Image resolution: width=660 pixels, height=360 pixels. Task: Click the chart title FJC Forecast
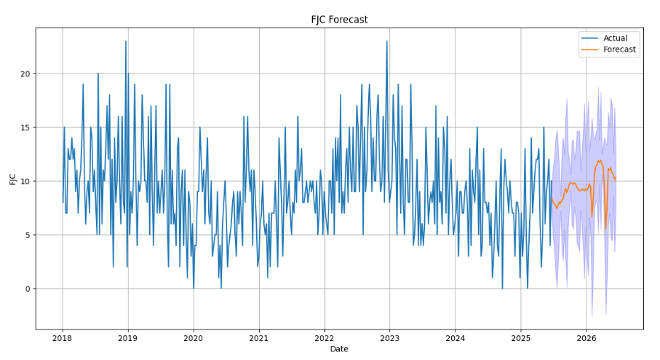click(339, 20)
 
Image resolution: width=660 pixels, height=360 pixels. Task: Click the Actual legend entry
click(615, 38)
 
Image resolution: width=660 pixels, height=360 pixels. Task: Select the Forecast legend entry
click(619, 49)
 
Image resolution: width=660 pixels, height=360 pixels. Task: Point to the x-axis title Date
click(339, 349)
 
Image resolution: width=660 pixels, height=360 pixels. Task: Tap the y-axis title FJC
click(13, 178)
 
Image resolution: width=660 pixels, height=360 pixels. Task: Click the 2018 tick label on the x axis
click(63, 338)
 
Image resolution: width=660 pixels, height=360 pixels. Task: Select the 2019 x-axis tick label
click(128, 338)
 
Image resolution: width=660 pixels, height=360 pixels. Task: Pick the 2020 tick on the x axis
click(194, 338)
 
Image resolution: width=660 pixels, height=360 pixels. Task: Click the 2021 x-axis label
click(259, 338)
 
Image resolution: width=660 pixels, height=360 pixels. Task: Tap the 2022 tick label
click(325, 338)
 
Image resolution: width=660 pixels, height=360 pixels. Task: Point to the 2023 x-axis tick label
click(390, 338)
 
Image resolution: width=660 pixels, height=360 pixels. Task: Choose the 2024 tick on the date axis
click(456, 338)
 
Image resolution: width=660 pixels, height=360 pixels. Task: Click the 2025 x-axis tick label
click(521, 338)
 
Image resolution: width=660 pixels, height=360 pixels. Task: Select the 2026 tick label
click(587, 338)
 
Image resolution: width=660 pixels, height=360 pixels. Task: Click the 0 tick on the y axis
click(27, 289)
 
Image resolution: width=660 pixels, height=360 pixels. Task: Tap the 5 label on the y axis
click(27, 235)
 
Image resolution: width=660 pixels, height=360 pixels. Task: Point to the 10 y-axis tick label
click(25, 181)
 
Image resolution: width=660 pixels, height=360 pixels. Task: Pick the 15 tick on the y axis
click(25, 127)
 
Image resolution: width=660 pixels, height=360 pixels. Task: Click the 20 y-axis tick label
click(25, 73)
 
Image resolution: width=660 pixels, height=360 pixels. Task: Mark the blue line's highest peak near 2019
click(126, 41)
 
